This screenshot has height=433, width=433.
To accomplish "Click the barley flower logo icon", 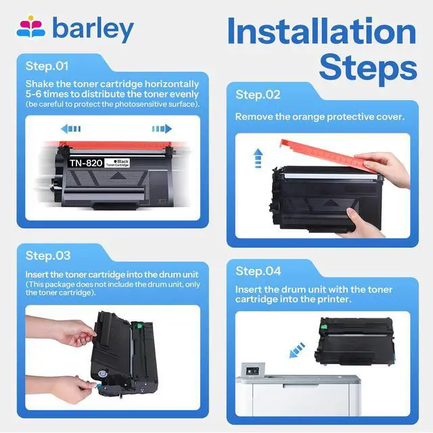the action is tap(30, 26).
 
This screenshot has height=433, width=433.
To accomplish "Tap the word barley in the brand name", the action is tap(93, 28).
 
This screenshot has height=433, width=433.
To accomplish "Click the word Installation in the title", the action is tap(322, 31).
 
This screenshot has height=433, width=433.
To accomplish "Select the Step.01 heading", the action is tap(47, 66).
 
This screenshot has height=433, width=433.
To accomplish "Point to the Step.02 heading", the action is tap(258, 95).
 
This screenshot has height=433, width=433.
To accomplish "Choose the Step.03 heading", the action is tap(48, 256).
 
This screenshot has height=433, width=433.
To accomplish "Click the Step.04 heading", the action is tap(258, 271).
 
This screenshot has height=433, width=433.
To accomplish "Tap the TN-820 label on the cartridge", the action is tap(86, 163).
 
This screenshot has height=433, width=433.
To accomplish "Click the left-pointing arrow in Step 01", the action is tap(71, 129).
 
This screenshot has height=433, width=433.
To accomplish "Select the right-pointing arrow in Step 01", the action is tap(162, 129).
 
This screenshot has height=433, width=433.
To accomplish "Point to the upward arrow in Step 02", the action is tap(258, 158).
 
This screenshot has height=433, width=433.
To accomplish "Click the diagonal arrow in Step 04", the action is tap(297, 350).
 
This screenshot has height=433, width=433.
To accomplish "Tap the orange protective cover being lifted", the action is tap(329, 156).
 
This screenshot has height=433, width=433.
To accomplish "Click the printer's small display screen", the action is tap(252, 371).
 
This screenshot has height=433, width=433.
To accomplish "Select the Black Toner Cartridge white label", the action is tap(117, 163).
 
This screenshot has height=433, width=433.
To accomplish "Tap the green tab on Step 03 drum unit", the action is tap(139, 326).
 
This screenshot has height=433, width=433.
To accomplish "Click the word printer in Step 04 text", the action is tap(334, 299).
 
